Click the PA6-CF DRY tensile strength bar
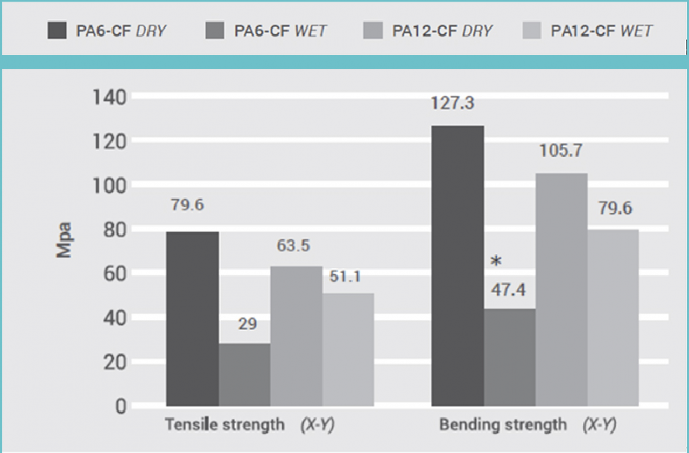point(193,318)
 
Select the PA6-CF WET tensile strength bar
point(244,374)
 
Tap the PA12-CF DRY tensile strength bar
point(296,336)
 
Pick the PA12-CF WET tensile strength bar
point(348,349)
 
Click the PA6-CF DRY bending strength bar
point(458,265)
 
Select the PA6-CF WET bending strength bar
point(509,357)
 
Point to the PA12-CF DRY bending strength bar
point(561,289)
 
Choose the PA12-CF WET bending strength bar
point(613,317)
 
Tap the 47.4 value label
point(509,291)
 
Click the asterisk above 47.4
point(496,262)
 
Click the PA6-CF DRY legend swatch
point(57,31)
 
